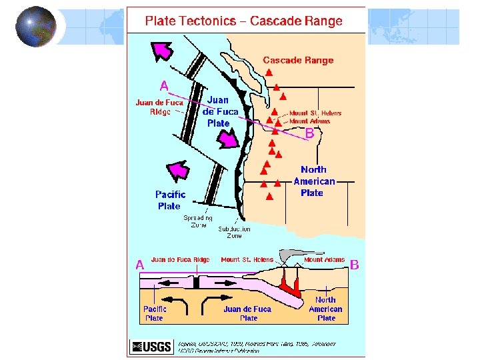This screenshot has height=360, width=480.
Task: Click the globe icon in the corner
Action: [36, 27]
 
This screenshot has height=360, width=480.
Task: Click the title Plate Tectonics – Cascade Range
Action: [244, 21]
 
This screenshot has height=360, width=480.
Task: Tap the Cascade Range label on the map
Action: [298, 60]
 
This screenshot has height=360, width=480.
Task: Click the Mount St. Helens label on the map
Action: [315, 113]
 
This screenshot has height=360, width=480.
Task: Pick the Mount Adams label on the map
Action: [310, 121]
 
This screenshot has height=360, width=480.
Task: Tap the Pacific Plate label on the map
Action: [170, 200]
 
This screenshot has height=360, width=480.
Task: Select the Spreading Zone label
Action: [199, 221]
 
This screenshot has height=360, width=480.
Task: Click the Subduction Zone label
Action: [235, 232]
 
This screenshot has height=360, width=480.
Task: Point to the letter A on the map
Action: [163, 85]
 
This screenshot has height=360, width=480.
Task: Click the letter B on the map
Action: [309, 134]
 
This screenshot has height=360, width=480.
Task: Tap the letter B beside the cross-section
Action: [355, 265]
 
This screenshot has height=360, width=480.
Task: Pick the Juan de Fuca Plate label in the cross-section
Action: [247, 313]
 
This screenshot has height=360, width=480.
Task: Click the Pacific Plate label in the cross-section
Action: [154, 313]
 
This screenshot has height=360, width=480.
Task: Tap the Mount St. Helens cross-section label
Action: [247, 259]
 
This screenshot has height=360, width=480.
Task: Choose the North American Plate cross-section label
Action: [325, 309]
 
